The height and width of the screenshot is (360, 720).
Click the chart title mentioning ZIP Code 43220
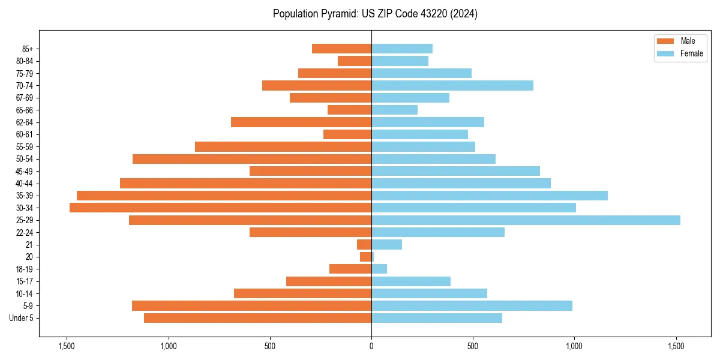click(375, 14)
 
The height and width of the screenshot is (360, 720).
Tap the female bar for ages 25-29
click(526, 220)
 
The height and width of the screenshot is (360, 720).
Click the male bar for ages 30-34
click(220, 208)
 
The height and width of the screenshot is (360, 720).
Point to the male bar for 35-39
click(224, 196)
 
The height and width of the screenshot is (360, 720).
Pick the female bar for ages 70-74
click(452, 85)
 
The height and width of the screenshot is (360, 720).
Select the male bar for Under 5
click(257, 318)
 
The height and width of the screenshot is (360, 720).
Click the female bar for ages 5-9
click(472, 306)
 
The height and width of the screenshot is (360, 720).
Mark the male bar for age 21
click(364, 245)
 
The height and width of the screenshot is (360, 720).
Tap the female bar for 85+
click(402, 49)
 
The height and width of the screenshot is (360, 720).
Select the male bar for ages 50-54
click(252, 159)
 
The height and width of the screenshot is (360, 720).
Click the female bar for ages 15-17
click(411, 281)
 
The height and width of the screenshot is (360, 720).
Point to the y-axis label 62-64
click(24, 122)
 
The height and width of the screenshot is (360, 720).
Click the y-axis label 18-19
click(24, 269)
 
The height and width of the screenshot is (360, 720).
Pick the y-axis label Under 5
click(22, 318)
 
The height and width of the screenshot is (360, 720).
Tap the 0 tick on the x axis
click(371, 346)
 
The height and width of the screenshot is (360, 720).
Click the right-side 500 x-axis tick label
click(473, 346)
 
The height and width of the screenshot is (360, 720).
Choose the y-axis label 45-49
click(24, 171)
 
